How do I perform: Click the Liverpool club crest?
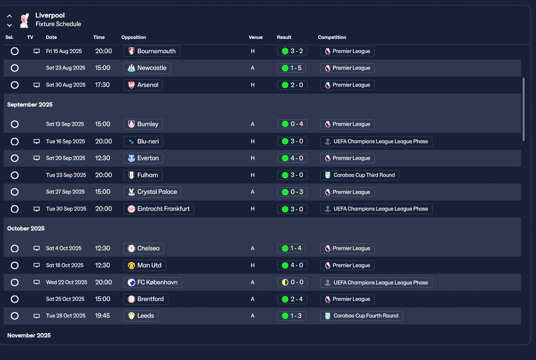(x=24, y=21)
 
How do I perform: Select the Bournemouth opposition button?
(x=152, y=51)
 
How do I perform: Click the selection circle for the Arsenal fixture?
(x=15, y=85)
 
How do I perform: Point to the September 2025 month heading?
(x=30, y=105)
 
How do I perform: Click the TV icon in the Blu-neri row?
(x=36, y=141)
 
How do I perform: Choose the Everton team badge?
(x=131, y=158)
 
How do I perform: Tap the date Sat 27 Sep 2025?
(x=65, y=192)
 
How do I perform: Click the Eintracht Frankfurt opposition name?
(x=163, y=209)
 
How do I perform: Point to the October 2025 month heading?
(x=26, y=229)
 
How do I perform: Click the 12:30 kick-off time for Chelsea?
(x=103, y=248)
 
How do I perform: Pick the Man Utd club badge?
(x=131, y=265)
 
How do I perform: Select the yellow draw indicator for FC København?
(x=285, y=282)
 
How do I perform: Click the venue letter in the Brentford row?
(x=253, y=299)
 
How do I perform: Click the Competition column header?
(x=332, y=37)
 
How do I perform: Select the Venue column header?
(x=255, y=37)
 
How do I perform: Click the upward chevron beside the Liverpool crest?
(x=9, y=16)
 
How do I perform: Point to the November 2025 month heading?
(x=29, y=335)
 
